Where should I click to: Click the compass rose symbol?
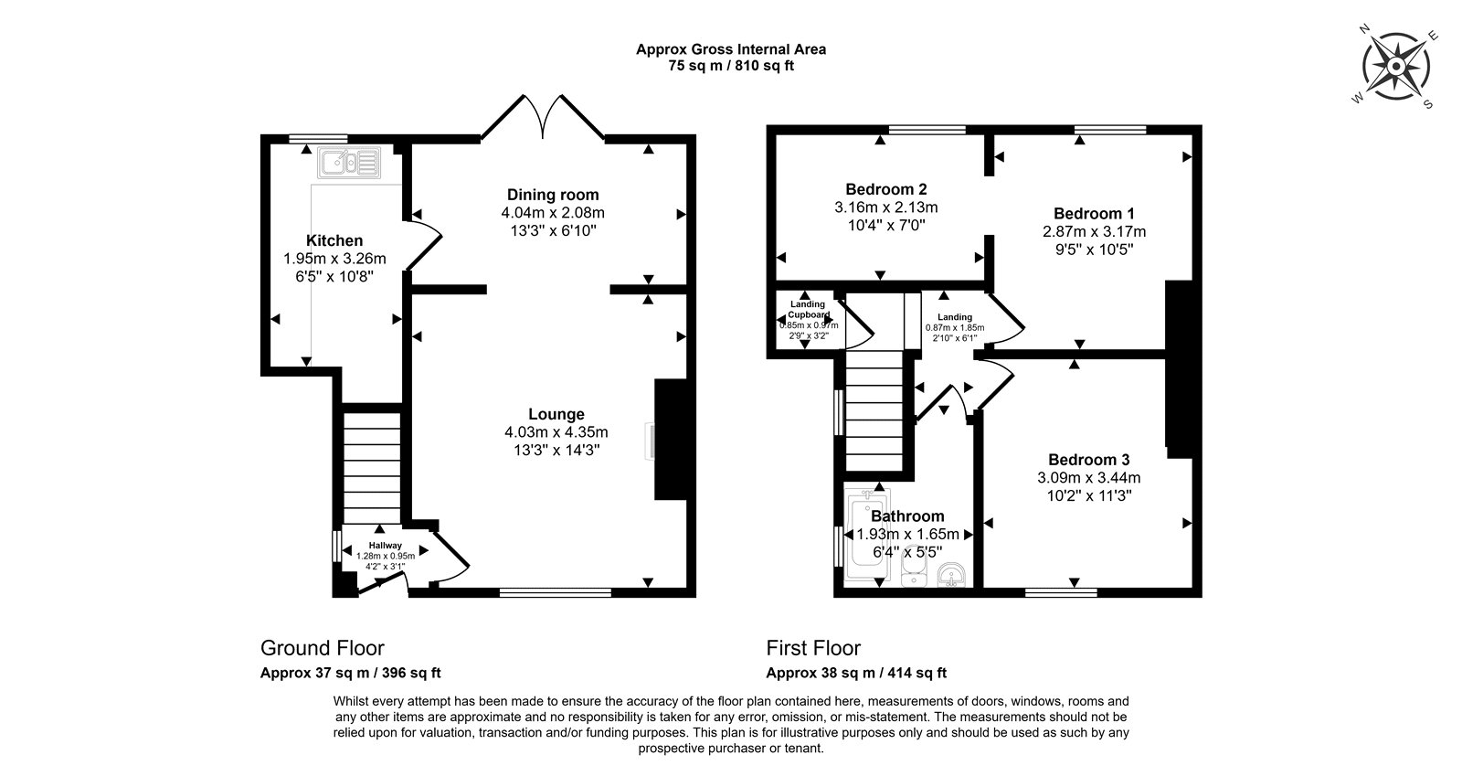[1395, 67]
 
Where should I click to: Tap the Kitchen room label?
[334, 240]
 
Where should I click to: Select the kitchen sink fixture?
[348, 163]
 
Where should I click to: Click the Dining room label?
[553, 195]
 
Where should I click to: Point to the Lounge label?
[556, 414]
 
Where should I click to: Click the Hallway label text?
[385, 546]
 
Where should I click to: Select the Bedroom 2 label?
[885, 189]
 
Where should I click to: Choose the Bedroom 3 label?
[1088, 460]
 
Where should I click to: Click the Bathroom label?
[907, 516]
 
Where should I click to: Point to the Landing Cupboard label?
[808, 309]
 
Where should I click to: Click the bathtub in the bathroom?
[866, 536]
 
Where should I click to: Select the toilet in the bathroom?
[913, 568]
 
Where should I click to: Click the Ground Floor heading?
[323, 648]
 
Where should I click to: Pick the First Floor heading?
[813, 648]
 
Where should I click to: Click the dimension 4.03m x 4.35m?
[556, 432]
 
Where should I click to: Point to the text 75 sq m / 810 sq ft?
[731, 66]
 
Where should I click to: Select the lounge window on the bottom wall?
[556, 592]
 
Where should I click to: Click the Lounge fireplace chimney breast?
[671, 440]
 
